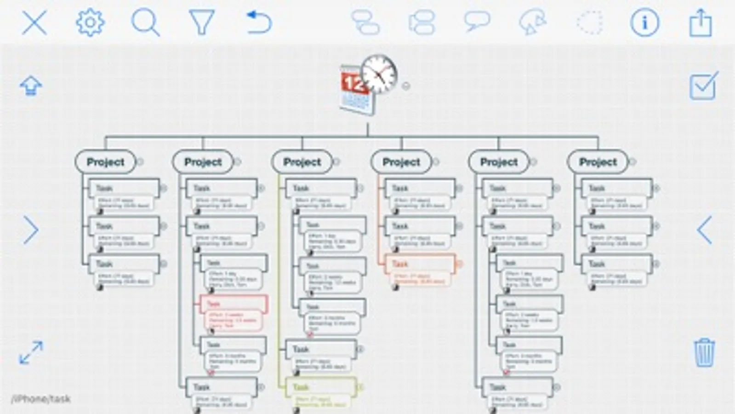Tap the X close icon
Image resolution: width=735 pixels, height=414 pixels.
click(x=34, y=23)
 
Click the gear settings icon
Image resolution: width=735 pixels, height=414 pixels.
click(x=90, y=23)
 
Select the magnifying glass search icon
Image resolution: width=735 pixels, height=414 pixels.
click(x=145, y=23)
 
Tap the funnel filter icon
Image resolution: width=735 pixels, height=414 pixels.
click(x=201, y=23)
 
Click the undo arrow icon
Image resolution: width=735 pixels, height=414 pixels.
click(x=259, y=23)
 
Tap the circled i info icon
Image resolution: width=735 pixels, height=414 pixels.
click(x=644, y=23)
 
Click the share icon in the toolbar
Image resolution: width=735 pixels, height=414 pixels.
click(x=700, y=23)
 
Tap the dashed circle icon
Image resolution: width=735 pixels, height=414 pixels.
click(x=589, y=23)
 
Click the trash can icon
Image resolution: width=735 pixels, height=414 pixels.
click(x=704, y=352)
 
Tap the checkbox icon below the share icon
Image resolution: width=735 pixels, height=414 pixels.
click(x=703, y=86)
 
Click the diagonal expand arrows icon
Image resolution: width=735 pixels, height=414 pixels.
click(x=31, y=352)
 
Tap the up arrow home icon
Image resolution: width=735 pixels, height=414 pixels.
click(x=31, y=86)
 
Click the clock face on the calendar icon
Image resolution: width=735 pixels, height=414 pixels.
click(x=379, y=74)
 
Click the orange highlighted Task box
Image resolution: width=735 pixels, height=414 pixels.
click(x=420, y=264)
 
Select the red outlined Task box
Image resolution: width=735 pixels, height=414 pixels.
click(x=234, y=304)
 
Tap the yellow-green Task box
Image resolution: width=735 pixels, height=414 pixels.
click(x=321, y=387)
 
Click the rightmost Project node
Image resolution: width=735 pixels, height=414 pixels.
click(x=598, y=162)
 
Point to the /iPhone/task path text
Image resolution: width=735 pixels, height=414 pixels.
click(x=41, y=399)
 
